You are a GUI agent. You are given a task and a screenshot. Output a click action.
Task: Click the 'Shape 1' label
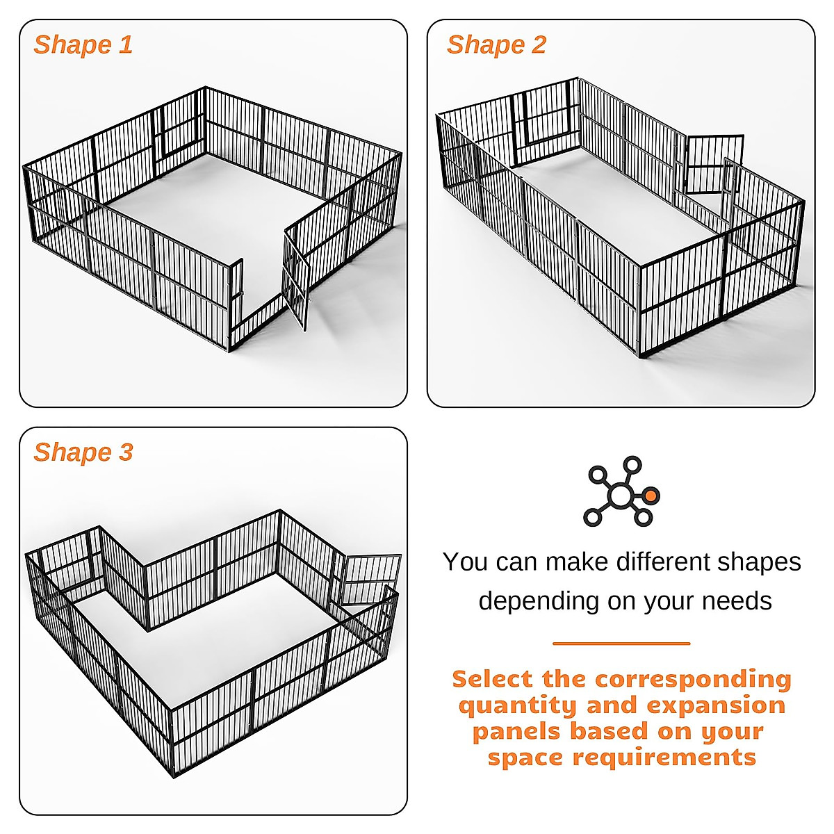pyautogui.click(x=83, y=45)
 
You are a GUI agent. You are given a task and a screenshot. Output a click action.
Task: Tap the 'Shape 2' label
pyautogui.click(x=496, y=45)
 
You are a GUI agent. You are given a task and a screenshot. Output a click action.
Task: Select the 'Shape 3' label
pyautogui.click(x=83, y=452)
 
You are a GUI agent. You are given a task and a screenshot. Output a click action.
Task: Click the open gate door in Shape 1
pyautogui.click(x=295, y=278)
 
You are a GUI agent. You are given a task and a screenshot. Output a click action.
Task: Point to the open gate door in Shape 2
pyautogui.click(x=714, y=164)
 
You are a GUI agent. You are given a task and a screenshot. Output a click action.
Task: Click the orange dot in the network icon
pyautogui.click(x=651, y=496)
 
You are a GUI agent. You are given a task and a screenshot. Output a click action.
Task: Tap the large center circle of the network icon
pyautogui.click(x=619, y=496)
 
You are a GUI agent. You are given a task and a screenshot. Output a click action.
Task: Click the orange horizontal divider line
pyautogui.click(x=621, y=644)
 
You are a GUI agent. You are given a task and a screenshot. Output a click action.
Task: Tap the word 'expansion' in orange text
pyautogui.click(x=716, y=705)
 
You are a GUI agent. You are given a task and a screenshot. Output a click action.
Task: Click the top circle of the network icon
pyautogui.click(x=632, y=464)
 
